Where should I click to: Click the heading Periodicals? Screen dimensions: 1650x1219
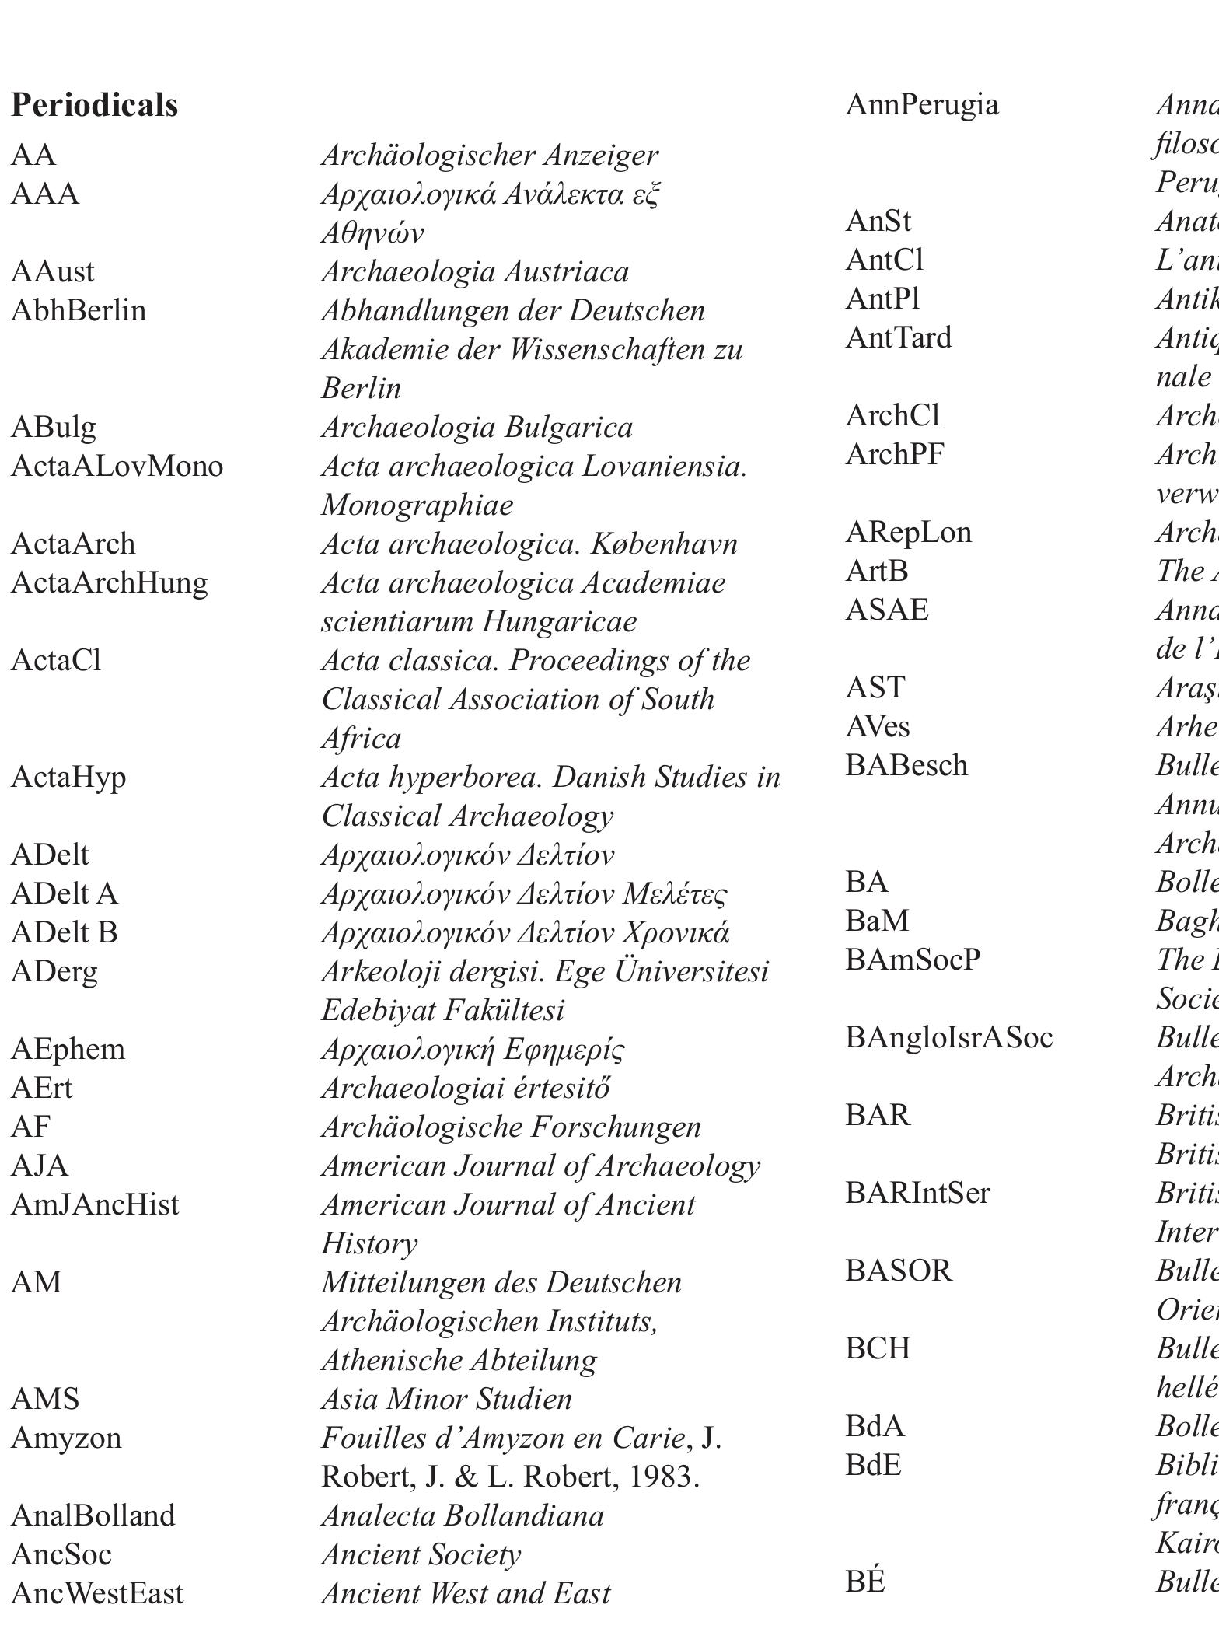click(94, 106)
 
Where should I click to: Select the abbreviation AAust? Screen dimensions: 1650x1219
click(52, 272)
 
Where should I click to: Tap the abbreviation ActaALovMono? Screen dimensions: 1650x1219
click(117, 467)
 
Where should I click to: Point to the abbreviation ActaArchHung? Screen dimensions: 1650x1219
click(109, 583)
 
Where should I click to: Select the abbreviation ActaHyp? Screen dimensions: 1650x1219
click(68, 778)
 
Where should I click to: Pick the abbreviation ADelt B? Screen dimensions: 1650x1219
click(64, 933)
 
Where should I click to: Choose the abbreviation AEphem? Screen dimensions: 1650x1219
click(68, 1050)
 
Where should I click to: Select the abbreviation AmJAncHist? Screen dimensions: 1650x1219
click(95, 1205)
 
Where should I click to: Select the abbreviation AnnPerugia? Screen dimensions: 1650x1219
click(921, 105)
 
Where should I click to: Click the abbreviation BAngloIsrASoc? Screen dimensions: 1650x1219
click(948, 1038)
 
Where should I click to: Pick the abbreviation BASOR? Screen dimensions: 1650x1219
click(898, 1271)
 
